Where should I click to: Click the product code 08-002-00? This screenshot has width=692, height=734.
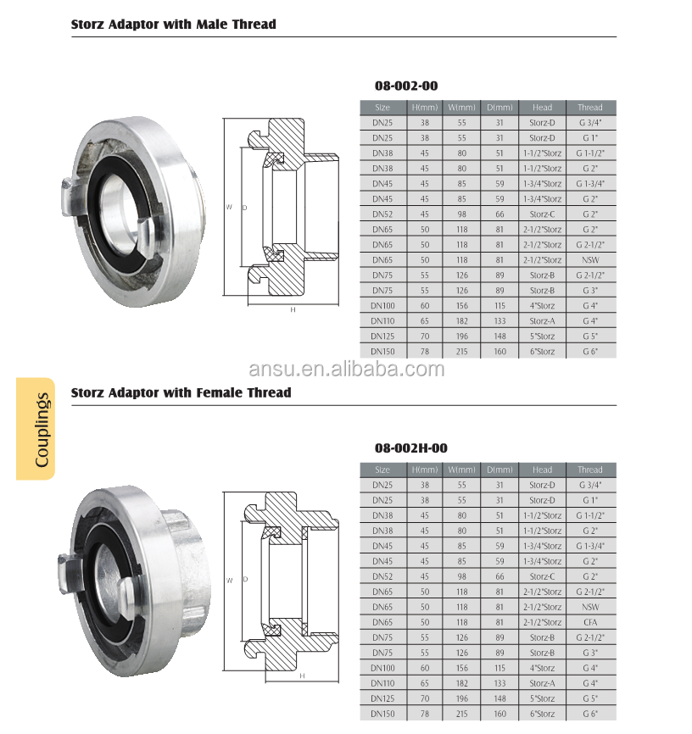click(x=406, y=86)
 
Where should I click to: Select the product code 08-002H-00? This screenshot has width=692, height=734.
click(x=410, y=448)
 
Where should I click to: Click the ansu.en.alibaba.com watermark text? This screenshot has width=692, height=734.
click(x=346, y=369)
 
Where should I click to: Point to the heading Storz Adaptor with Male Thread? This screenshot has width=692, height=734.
click(x=174, y=25)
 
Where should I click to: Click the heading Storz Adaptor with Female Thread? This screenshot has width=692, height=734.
click(x=181, y=392)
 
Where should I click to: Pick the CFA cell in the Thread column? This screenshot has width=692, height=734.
click(x=589, y=622)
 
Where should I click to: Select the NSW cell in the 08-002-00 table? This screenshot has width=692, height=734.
click(x=589, y=260)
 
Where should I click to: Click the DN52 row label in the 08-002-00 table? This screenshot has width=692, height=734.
click(x=382, y=214)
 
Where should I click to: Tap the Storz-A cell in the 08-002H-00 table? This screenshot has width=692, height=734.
click(x=542, y=683)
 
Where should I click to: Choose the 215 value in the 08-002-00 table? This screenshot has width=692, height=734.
click(x=462, y=352)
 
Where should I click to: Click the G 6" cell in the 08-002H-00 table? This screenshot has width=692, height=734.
click(x=589, y=714)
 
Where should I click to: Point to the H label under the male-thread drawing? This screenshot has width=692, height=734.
click(x=293, y=310)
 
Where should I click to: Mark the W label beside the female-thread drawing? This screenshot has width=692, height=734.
click(x=229, y=580)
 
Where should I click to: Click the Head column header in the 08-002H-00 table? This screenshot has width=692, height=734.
click(x=542, y=470)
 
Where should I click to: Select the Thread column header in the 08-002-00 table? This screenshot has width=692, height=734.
click(x=589, y=108)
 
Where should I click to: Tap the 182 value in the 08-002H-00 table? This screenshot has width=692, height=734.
click(x=462, y=683)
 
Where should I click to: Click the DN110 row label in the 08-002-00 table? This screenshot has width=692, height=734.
click(x=382, y=321)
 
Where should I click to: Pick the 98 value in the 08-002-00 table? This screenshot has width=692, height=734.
click(x=462, y=214)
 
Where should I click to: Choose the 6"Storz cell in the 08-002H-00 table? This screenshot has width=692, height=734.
click(x=542, y=714)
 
